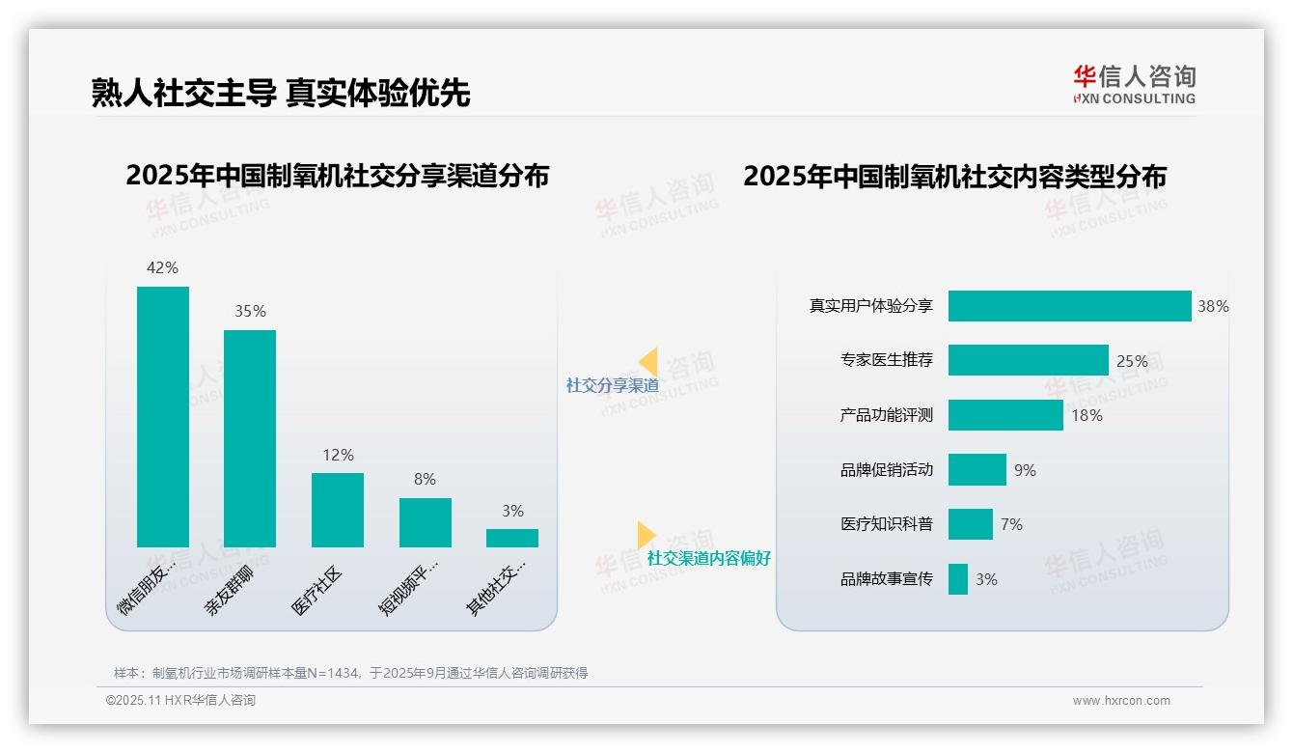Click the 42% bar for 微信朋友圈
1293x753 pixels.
162,416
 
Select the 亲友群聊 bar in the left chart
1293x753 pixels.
250,438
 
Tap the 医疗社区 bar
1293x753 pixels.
337,510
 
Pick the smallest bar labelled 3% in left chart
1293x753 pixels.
511,538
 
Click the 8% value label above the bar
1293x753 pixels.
425,479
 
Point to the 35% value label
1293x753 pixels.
250,311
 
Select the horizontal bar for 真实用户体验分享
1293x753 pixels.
1069,306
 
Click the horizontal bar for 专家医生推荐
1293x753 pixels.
1028,360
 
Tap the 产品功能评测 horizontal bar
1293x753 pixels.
1004,415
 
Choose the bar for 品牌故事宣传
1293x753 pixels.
957,579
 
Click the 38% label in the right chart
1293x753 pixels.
1213,306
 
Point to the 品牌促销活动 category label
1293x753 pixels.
886,470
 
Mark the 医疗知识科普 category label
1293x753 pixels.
886,524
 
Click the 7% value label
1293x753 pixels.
1011,524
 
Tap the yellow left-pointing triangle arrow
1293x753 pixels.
648,362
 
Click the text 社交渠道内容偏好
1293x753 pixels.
708,558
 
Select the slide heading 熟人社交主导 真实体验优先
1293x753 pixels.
281,93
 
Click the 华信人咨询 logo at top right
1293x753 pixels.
1134,84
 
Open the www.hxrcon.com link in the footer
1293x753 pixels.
1120,701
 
